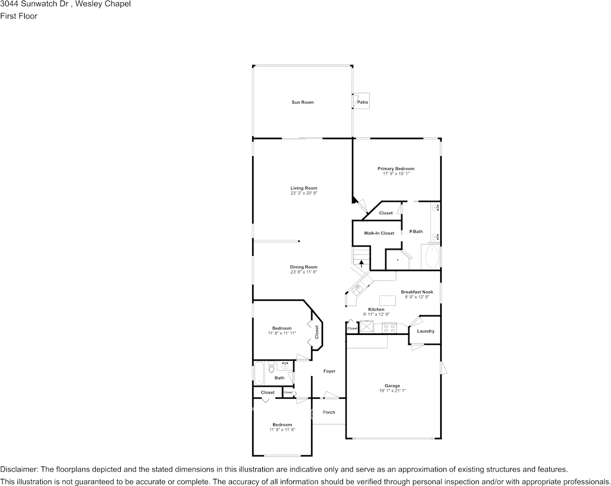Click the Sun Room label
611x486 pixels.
(302, 102)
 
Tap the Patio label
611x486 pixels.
(363, 102)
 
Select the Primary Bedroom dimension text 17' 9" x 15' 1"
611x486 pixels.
(396, 174)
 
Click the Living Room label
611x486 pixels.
(303, 188)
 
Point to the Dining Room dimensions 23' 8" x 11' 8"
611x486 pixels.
(303, 272)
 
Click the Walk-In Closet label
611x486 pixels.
(379, 233)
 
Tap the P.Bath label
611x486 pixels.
(416, 232)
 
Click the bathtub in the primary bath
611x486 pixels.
(431, 257)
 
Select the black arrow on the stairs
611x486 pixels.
(362, 263)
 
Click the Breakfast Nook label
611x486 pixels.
(417, 292)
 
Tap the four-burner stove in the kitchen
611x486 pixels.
(388, 327)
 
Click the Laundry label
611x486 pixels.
(425, 331)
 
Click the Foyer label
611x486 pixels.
(329, 371)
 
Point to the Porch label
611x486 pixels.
(329, 412)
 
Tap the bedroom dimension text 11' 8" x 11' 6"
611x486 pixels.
(282, 429)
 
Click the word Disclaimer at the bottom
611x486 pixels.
(19, 470)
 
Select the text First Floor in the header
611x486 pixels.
(19, 16)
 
